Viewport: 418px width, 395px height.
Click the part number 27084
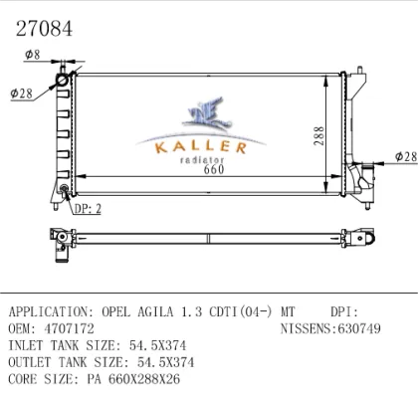tap(44, 29)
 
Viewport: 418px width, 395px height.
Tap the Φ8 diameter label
tap(33, 55)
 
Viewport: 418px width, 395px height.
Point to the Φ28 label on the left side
tap(22, 94)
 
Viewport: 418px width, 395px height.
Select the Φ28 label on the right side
tap(406, 156)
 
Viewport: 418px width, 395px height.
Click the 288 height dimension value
tap(318, 135)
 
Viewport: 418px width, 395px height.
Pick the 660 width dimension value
tap(214, 169)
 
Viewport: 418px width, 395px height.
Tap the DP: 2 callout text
tap(88, 209)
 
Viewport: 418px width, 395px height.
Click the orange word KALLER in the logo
tap(201, 147)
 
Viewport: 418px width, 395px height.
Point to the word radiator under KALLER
tap(202, 160)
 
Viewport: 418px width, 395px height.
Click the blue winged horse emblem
tap(207, 112)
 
